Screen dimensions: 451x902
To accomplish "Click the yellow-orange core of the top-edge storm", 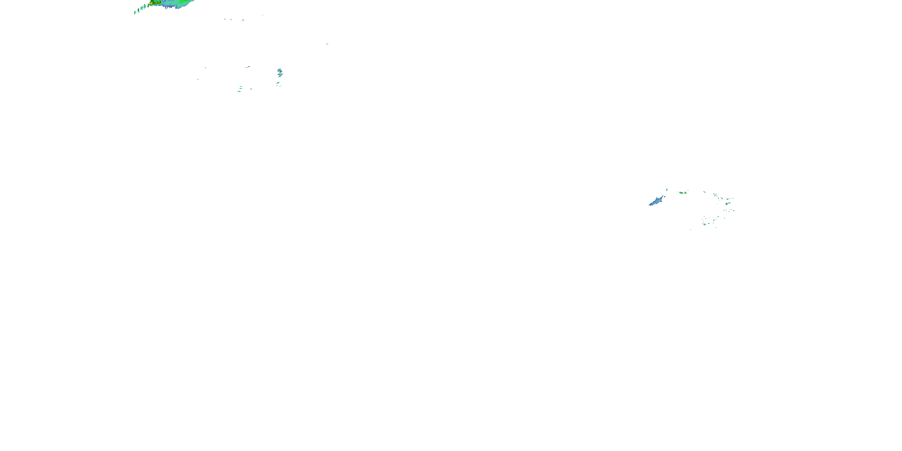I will tap(152, 3).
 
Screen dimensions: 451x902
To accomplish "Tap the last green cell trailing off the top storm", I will tap(135, 13).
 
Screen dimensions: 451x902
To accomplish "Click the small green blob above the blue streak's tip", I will tap(667, 190).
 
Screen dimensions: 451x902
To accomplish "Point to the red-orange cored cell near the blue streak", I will tap(685, 193).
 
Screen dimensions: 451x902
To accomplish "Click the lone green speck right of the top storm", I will tap(327, 44).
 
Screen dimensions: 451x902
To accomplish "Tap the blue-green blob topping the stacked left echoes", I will tap(279, 71).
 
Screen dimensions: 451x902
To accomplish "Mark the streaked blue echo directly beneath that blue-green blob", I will tap(280, 75).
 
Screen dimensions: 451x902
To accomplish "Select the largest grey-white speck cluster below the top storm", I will tap(243, 20).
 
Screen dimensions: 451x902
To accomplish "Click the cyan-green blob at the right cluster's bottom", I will tap(704, 224).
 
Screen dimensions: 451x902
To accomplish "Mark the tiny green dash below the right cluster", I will tap(690, 229).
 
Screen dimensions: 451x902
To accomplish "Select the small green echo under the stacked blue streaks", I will tap(278, 83).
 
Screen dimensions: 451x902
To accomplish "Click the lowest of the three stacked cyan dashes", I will tap(240, 91).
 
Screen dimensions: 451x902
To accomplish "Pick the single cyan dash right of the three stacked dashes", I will tap(251, 89).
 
